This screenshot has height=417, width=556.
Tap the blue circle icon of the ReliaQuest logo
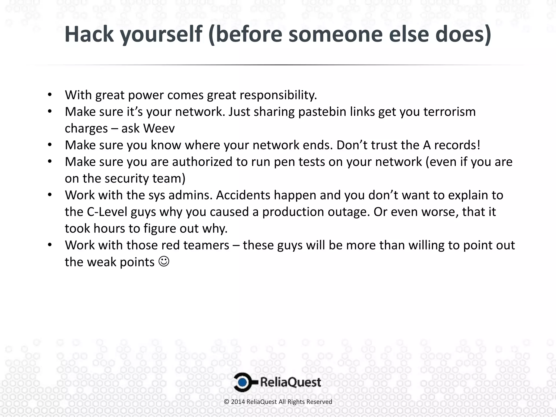point(243,382)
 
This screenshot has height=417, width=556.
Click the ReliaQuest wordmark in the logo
point(290,382)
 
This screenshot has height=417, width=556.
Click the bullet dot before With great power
point(49,95)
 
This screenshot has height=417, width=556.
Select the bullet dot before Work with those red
point(49,245)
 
